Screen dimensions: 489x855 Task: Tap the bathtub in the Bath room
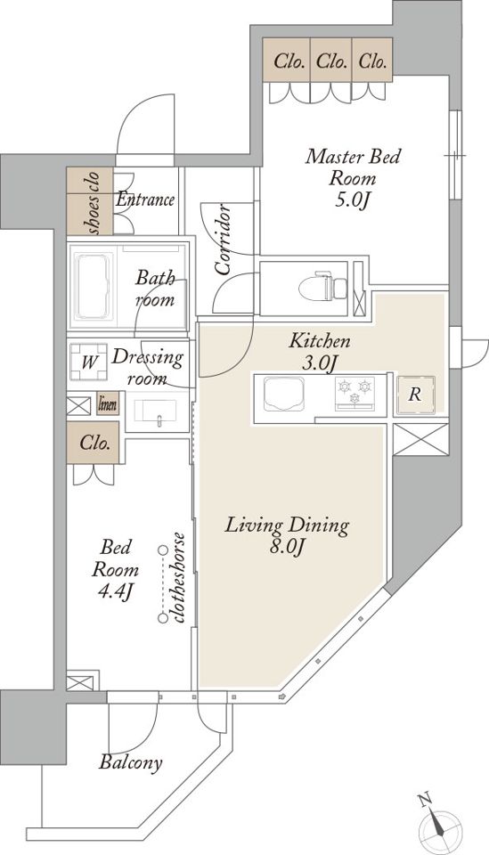point(94,287)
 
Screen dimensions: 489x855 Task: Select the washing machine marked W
point(88,362)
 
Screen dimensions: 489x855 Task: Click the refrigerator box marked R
point(415,395)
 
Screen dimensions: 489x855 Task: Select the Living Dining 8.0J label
point(288,536)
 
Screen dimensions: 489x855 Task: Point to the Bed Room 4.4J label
point(115,570)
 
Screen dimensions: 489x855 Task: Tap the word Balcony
point(131,761)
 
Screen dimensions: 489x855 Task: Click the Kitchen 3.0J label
point(320,353)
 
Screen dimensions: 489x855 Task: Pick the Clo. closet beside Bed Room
point(93,444)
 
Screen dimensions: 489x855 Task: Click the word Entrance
point(145,199)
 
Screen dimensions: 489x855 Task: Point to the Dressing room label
point(147,368)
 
